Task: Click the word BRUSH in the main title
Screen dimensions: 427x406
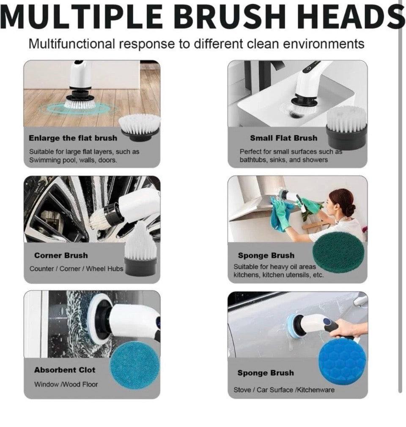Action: click(230, 17)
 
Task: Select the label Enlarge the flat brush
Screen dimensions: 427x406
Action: click(73, 138)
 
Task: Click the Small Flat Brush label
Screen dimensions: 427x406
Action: click(283, 138)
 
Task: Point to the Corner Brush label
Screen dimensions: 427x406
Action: click(61, 255)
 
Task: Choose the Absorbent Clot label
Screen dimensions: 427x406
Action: click(65, 370)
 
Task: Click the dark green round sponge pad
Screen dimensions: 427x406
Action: click(338, 253)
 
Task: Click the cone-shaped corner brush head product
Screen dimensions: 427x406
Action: click(140, 254)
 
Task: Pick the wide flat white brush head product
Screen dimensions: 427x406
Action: click(139, 127)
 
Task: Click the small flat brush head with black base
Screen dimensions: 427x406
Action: click(347, 127)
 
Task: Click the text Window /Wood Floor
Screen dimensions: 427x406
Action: click(66, 384)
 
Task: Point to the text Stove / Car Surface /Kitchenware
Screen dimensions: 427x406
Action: click(284, 390)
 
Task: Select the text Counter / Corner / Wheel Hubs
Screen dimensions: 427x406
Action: click(77, 268)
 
